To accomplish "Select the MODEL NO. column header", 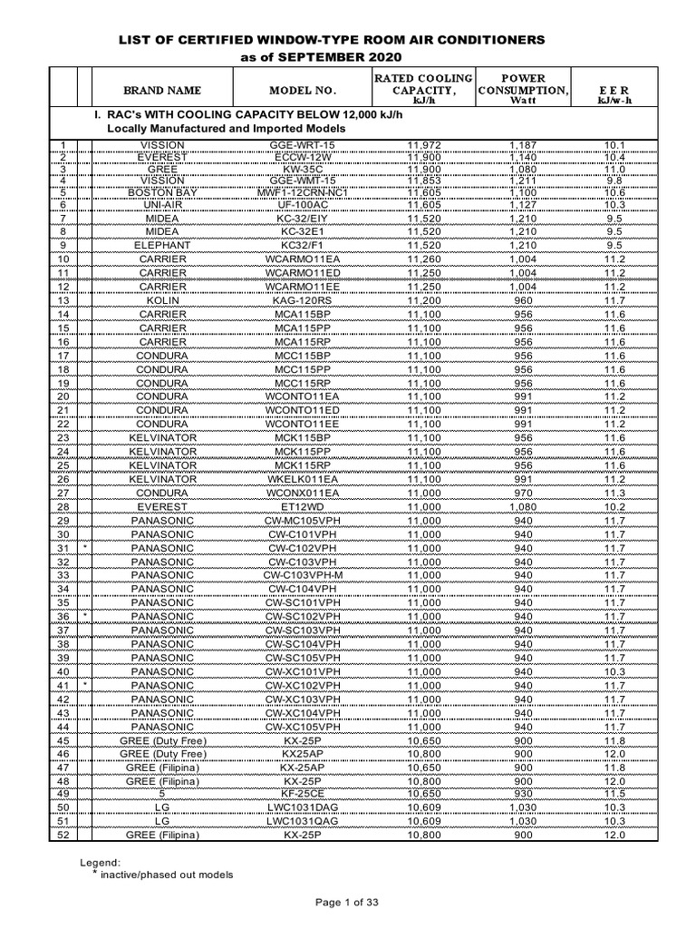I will point(303,91).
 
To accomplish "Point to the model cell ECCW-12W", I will point(303,157).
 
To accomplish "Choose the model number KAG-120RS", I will point(303,300).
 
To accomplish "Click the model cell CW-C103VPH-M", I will point(303,575).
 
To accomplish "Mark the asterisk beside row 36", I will point(84,616).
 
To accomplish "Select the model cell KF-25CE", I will point(303,794).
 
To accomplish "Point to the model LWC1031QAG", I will point(303,821).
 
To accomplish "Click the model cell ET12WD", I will point(303,506).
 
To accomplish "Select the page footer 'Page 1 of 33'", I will point(348,902).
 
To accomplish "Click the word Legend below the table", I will point(100,862).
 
